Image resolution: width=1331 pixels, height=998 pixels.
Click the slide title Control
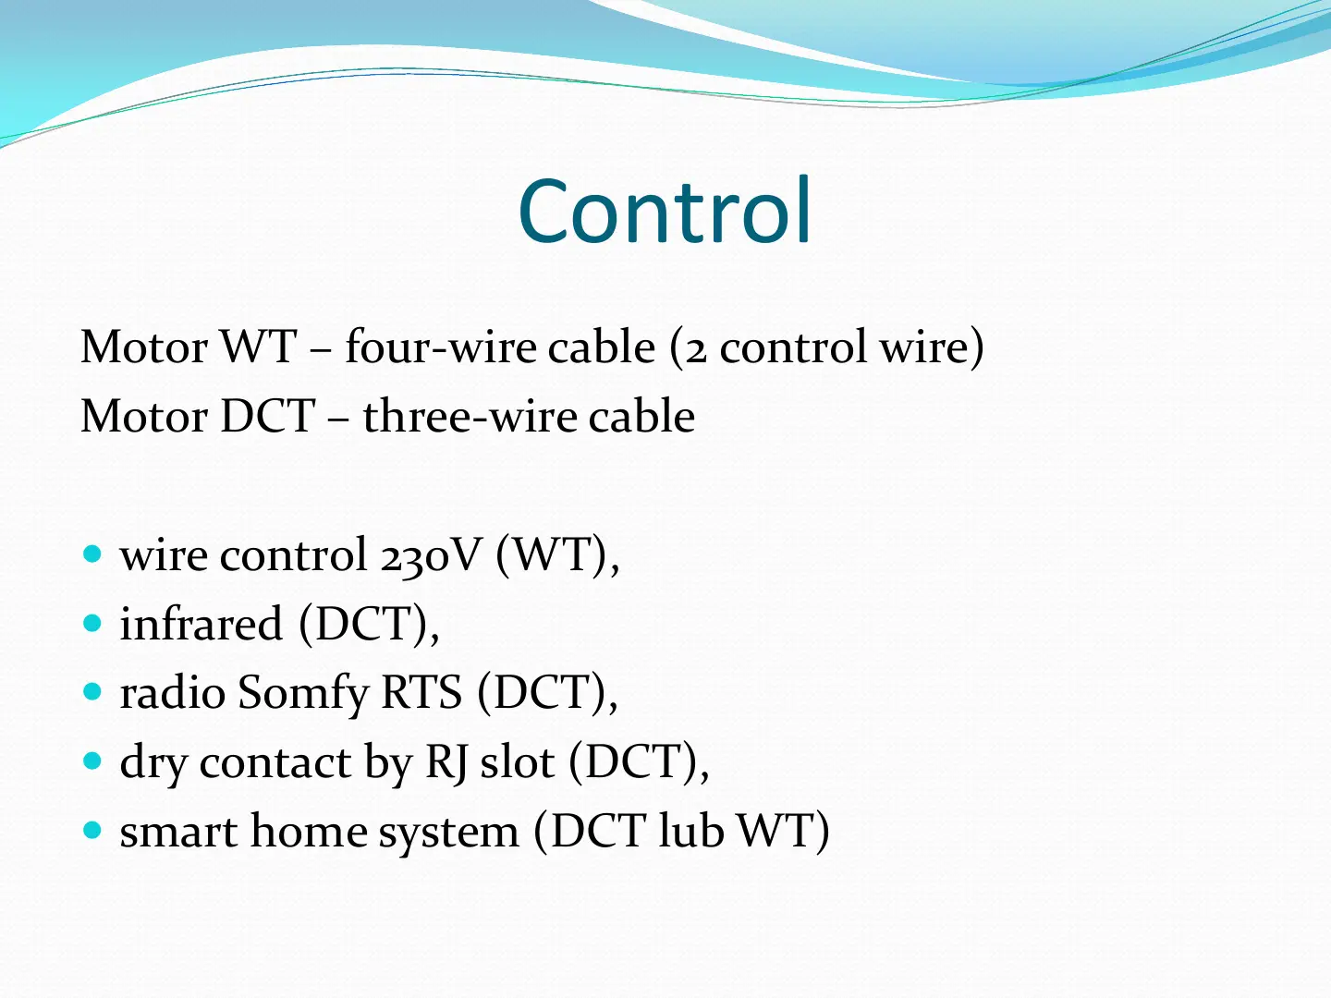tap(665, 210)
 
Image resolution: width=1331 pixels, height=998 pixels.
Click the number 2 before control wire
tap(695, 352)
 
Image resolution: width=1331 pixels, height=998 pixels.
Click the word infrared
tap(201, 624)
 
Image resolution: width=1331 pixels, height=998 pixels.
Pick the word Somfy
tap(303, 694)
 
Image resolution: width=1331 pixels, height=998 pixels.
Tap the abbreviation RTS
tap(421, 692)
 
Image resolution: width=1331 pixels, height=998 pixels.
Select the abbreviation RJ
tap(446, 762)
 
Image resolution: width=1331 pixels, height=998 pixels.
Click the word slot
tap(518, 761)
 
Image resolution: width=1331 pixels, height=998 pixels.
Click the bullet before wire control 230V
tap(92, 554)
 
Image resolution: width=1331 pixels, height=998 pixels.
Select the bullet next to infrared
tap(92, 623)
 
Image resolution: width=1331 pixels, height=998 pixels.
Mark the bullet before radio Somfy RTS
tap(92, 691)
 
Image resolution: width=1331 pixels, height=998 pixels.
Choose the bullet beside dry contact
tap(92, 761)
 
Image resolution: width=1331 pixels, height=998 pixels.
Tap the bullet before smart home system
tap(92, 830)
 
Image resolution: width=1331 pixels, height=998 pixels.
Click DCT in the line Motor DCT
tap(267, 416)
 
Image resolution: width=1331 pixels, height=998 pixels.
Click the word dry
tap(153, 763)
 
